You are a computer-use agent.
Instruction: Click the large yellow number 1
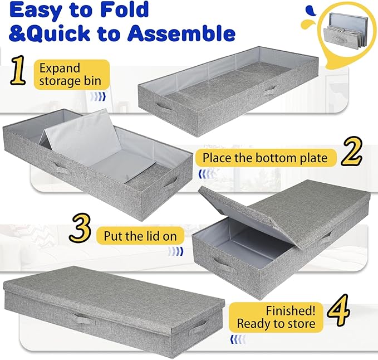(18, 70)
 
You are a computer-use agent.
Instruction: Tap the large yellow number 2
(351, 152)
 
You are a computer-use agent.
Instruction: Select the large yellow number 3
(80, 228)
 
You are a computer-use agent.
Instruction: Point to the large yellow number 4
(338, 310)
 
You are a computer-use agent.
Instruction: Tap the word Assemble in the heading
(181, 33)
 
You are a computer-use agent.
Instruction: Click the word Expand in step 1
(60, 69)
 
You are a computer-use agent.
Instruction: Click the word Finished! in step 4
(291, 310)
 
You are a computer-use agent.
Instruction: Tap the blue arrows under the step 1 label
(98, 96)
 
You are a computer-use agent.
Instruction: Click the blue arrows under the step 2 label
(205, 174)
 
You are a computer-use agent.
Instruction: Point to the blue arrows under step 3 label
(175, 251)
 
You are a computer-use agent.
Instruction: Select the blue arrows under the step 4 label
(238, 339)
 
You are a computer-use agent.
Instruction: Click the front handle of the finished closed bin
(81, 319)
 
